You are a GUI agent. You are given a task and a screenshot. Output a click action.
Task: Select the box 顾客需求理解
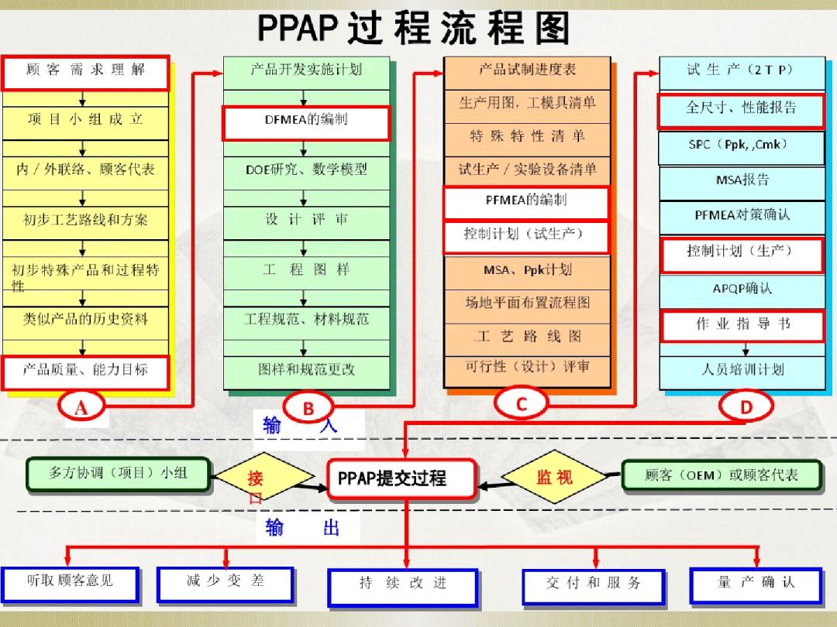[x=85, y=73]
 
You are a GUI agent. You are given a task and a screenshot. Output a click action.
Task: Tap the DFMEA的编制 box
[x=306, y=123]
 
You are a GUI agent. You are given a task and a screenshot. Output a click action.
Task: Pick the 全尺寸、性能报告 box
[x=742, y=111]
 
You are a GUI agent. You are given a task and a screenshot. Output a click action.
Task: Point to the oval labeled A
[x=81, y=407]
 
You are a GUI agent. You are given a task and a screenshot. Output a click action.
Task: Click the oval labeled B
[x=308, y=408]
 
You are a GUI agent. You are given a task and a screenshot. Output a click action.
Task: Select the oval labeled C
[x=521, y=403]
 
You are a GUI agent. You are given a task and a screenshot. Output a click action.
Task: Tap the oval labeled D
[x=746, y=406]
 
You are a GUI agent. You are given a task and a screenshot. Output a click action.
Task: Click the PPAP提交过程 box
[x=402, y=479]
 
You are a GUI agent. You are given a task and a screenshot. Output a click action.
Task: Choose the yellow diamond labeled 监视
[x=555, y=476]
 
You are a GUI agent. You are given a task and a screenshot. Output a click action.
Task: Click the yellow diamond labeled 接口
[x=263, y=477]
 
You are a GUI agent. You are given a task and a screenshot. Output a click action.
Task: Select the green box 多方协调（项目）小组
[x=118, y=474]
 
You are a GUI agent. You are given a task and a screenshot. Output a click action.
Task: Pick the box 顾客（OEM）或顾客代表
[x=722, y=475]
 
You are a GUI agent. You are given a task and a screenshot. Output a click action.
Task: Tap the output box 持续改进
[x=403, y=588]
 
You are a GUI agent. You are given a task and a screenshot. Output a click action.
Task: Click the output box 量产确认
[x=756, y=586]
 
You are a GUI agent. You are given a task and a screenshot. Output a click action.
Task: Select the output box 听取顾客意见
[x=71, y=585]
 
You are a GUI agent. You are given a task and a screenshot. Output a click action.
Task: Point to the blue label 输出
[x=303, y=528]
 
